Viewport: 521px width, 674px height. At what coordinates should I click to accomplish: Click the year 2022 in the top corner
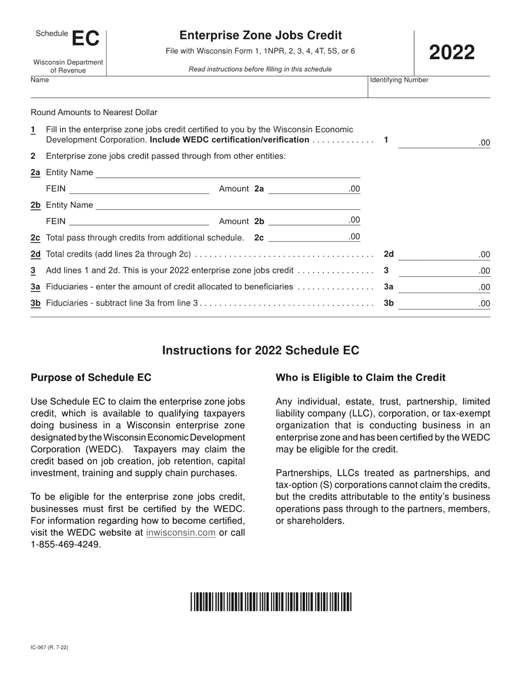451,53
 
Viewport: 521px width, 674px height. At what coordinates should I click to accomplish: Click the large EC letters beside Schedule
86,39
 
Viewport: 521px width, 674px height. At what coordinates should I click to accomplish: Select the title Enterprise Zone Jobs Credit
260,36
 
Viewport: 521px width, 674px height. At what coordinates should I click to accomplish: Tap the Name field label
39,80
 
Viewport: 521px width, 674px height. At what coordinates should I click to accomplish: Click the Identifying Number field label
399,80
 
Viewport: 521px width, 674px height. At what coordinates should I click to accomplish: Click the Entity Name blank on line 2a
228,173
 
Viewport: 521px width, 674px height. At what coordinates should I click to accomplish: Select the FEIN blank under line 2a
139,189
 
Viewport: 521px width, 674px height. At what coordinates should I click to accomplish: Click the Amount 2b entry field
307,221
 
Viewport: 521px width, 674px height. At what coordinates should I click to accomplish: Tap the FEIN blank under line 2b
139,221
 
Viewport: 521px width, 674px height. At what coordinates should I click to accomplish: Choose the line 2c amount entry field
307,237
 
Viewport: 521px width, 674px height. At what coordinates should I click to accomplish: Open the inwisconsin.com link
180,533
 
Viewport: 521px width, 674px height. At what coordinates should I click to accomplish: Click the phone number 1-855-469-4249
66,545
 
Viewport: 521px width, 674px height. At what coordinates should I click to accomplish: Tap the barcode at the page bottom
271,602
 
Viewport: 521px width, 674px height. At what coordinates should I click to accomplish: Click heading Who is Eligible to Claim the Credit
360,378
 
